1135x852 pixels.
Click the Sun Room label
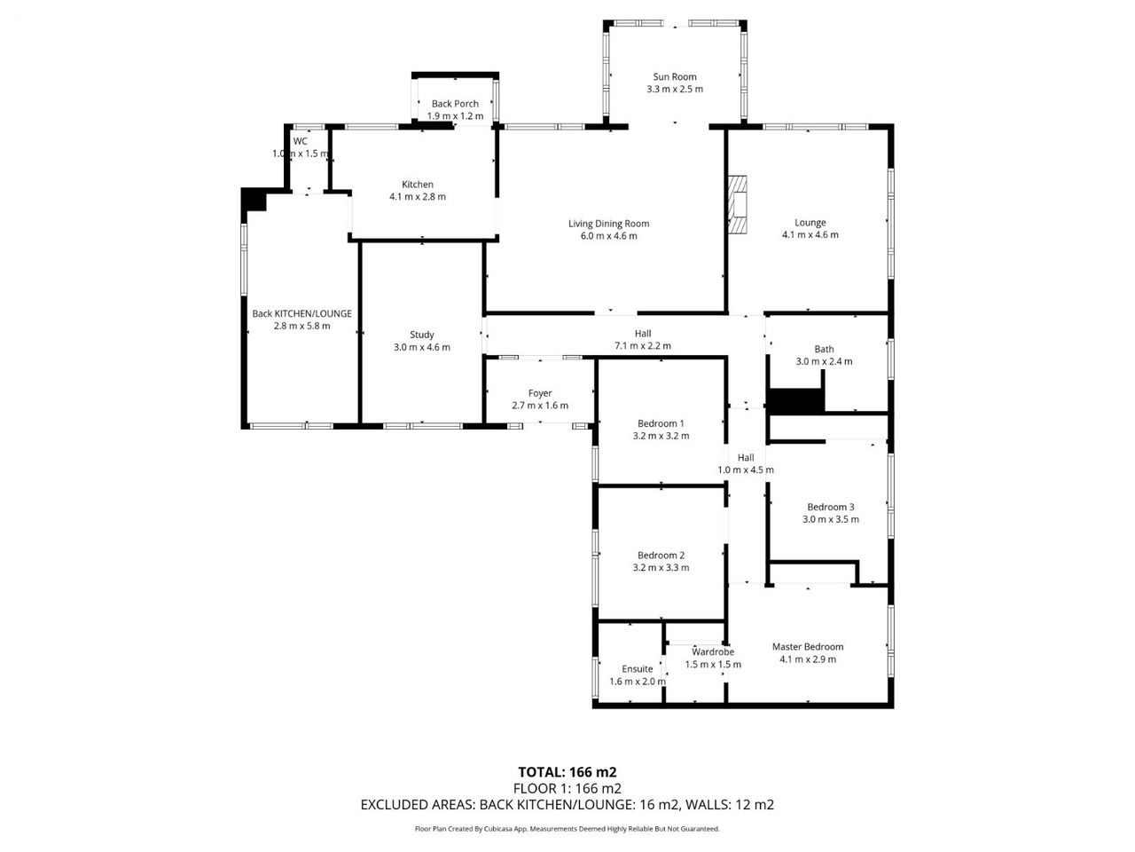(x=674, y=76)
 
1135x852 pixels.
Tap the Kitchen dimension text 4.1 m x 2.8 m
(x=418, y=196)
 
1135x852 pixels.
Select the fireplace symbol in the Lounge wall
(x=738, y=205)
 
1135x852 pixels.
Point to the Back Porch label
(x=455, y=104)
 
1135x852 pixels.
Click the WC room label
(x=301, y=141)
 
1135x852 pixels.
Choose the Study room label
(x=421, y=335)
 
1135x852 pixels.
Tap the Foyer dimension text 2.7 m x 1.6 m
(x=540, y=406)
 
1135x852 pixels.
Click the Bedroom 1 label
(x=661, y=423)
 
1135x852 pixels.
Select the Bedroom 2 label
(x=661, y=555)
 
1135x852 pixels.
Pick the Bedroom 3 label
(x=831, y=507)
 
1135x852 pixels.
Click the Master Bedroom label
(x=808, y=647)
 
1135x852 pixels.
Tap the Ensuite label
(x=637, y=669)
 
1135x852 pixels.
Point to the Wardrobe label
(x=713, y=651)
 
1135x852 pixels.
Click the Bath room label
(x=824, y=349)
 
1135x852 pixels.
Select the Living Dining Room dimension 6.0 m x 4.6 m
(x=608, y=236)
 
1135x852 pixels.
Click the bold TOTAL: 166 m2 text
(x=567, y=772)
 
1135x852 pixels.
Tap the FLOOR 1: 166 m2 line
(x=567, y=788)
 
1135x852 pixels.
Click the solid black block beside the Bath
(x=795, y=401)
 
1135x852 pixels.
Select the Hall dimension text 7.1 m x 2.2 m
(x=643, y=346)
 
